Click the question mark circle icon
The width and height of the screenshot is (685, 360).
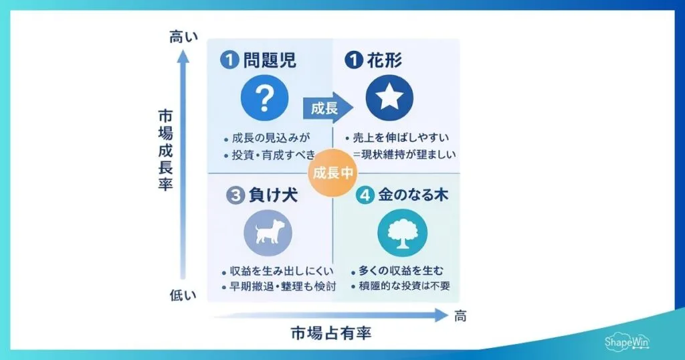265,98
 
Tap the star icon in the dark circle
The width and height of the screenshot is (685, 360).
389,98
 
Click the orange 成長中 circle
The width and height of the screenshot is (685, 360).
333,172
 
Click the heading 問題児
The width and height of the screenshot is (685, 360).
270,61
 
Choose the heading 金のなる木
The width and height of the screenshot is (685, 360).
412,195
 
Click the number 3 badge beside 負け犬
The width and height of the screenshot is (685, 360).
233,195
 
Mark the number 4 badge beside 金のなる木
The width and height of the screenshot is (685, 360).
365,195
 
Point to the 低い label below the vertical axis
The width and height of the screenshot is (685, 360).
183,295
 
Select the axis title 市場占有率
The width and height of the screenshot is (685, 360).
331,333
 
